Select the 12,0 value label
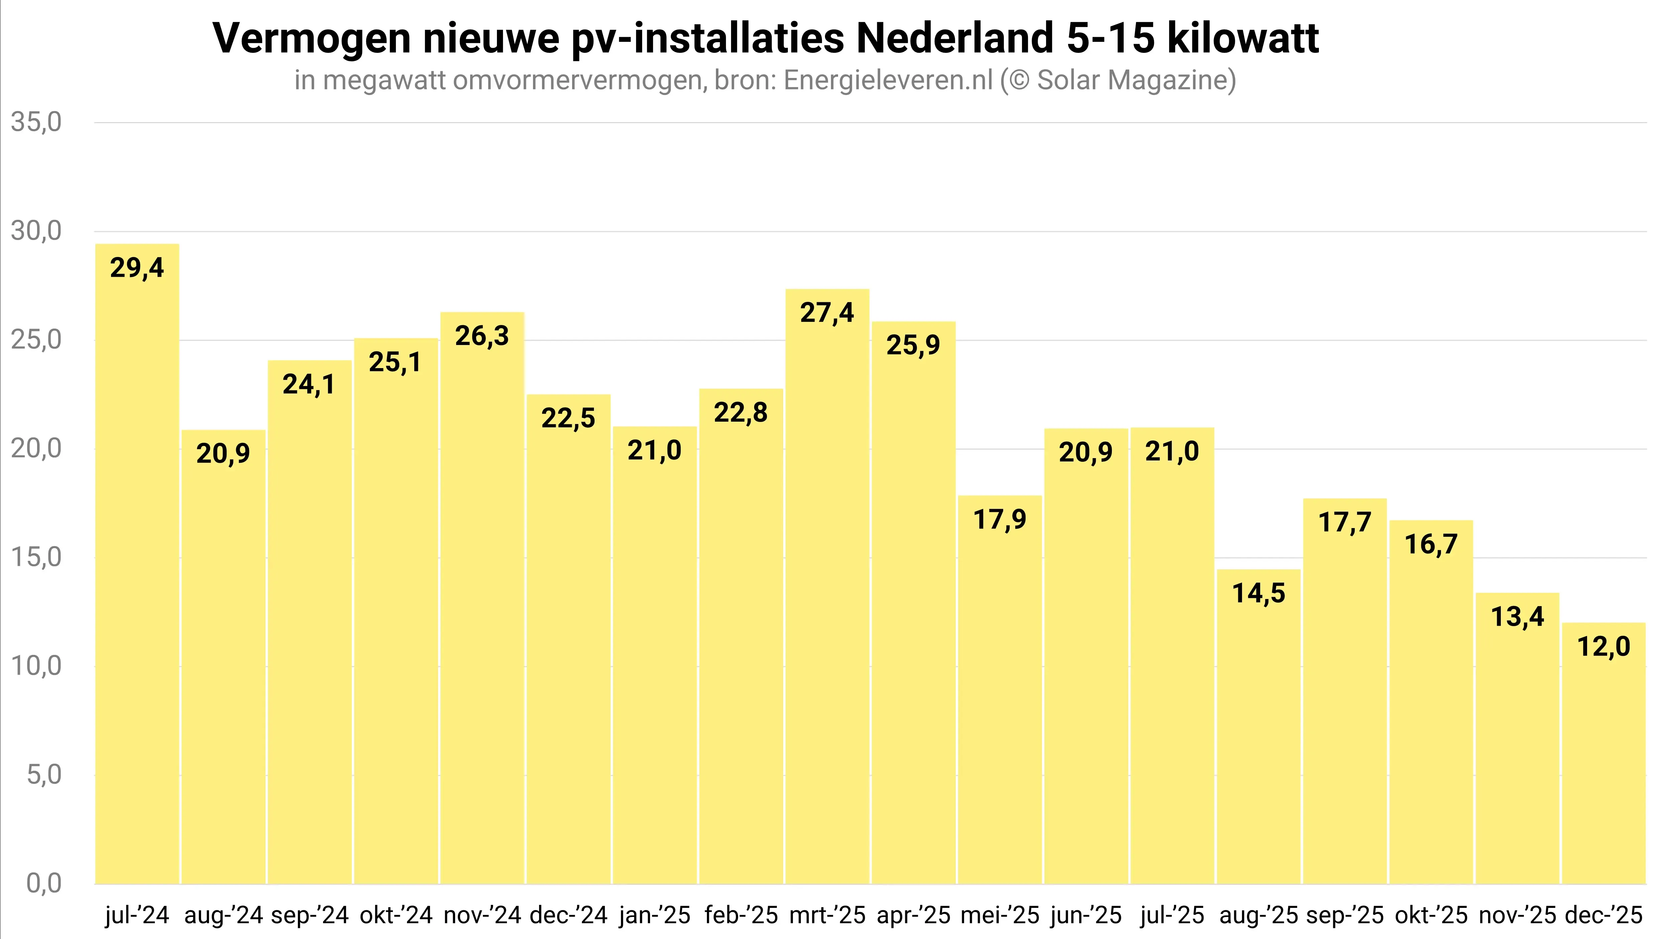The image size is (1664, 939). coord(1603,646)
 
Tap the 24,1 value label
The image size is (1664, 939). coord(309,385)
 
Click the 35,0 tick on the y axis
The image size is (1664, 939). coord(36,122)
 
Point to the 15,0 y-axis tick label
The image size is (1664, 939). coord(36,557)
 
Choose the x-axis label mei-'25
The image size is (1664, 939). coord(999,915)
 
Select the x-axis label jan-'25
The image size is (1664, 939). coord(654,915)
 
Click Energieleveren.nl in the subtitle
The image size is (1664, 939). coord(888,80)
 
